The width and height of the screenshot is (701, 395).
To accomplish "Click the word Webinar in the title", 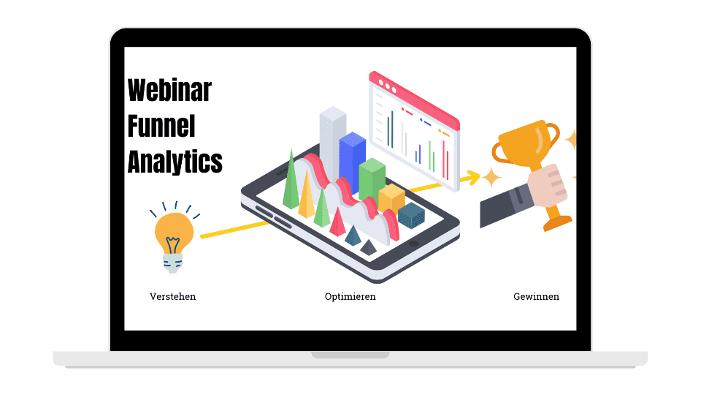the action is click(x=169, y=90).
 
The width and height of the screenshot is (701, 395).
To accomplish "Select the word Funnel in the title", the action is click(x=161, y=126).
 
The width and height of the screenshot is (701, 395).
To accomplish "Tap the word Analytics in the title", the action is click(x=175, y=162).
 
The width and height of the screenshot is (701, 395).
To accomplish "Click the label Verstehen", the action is click(x=172, y=296).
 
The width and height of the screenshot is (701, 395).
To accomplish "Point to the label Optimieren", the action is click(x=350, y=296).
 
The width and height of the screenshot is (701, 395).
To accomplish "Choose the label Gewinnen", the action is click(x=536, y=296).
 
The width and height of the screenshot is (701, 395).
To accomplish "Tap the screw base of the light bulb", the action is click(x=172, y=263).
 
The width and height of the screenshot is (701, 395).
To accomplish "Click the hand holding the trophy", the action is click(x=547, y=185).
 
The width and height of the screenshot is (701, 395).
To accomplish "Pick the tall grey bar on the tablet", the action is click(x=333, y=143).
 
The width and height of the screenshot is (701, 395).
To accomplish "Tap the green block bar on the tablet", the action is click(x=372, y=179).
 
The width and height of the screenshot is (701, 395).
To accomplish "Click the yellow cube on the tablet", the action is click(x=391, y=197).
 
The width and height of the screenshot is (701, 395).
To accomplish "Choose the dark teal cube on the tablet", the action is click(x=411, y=215).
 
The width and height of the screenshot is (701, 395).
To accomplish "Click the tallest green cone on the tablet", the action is click(x=291, y=184).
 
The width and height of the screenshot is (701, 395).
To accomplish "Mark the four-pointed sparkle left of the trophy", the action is click(x=491, y=178).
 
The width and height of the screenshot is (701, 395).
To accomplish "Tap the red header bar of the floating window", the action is click(x=414, y=100).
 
